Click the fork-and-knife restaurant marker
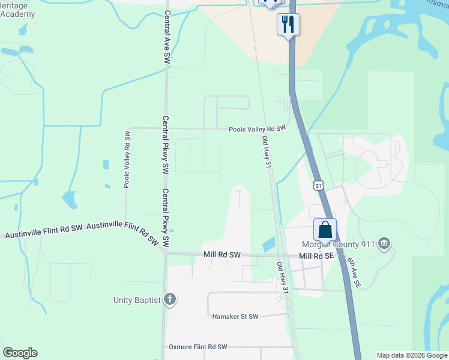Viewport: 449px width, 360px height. point(288,25)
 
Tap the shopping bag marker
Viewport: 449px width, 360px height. point(325,230)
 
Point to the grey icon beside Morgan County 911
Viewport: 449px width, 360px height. point(385,244)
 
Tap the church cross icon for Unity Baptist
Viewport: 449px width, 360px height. point(170,299)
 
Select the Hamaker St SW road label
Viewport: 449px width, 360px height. point(235,316)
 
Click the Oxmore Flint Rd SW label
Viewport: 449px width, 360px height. point(198,347)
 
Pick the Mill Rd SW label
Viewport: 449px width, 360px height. point(221,255)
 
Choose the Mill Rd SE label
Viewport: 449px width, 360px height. point(316,256)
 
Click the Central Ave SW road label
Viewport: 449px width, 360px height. point(167,37)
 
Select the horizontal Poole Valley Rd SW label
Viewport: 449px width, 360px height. point(258,129)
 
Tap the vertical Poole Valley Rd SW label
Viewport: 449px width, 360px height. point(127,159)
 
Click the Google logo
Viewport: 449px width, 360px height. point(20,353)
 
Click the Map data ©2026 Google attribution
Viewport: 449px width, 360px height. point(412,355)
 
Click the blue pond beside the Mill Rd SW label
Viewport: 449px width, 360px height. point(268,244)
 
